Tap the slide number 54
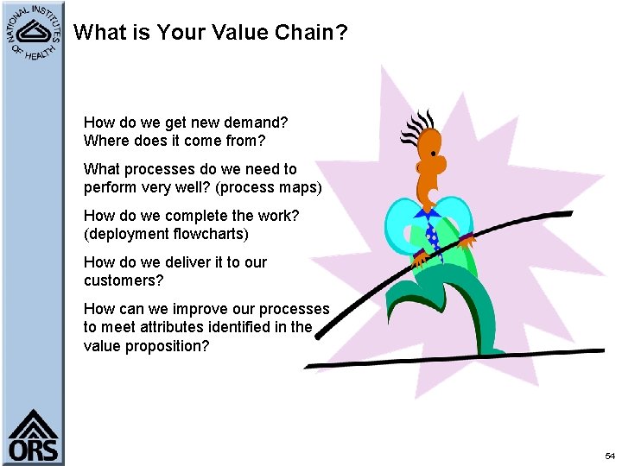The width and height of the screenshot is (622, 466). coord(610,455)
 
